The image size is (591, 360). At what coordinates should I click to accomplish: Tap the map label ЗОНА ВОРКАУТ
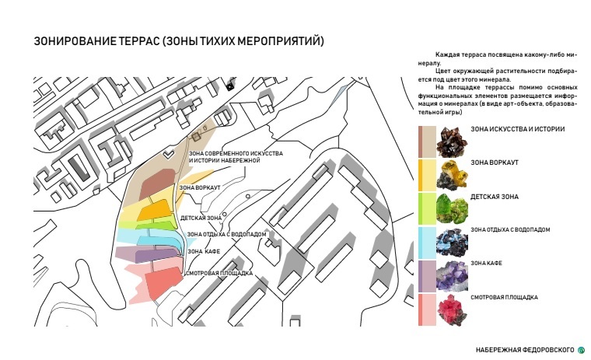pos(201,187)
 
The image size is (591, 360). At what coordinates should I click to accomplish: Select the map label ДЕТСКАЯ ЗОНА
pos(201,218)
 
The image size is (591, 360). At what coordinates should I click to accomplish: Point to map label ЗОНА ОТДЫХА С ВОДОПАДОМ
pos(227,234)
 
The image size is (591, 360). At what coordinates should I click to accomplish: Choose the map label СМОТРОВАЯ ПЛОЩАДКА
pos(219,273)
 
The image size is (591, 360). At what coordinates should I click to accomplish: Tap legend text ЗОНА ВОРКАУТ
pos(495,163)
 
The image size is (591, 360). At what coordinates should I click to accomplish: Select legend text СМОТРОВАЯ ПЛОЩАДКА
pos(504,298)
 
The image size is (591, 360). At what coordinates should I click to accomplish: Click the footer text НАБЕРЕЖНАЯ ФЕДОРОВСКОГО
pos(525,348)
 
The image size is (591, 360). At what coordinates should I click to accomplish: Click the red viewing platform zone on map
pos(160,283)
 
